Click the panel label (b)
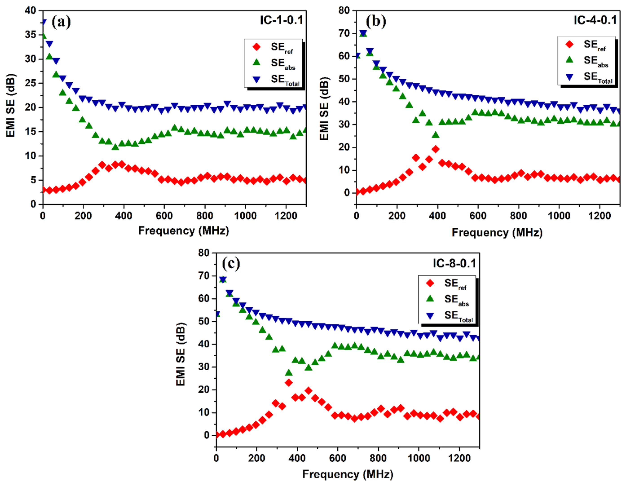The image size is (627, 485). [x=376, y=22]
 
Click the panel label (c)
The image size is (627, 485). [x=231, y=263]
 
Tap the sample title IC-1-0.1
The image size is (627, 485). [x=281, y=20]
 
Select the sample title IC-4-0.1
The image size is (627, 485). [x=595, y=20]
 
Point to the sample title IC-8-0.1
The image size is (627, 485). [x=454, y=263]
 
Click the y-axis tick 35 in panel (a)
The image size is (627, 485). [x=31, y=35]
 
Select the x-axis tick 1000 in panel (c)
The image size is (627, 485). [x=419, y=458]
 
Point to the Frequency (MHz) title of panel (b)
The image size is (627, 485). [x=497, y=233]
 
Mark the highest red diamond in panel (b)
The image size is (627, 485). [x=436, y=149]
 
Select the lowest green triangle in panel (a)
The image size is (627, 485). [x=115, y=147]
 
